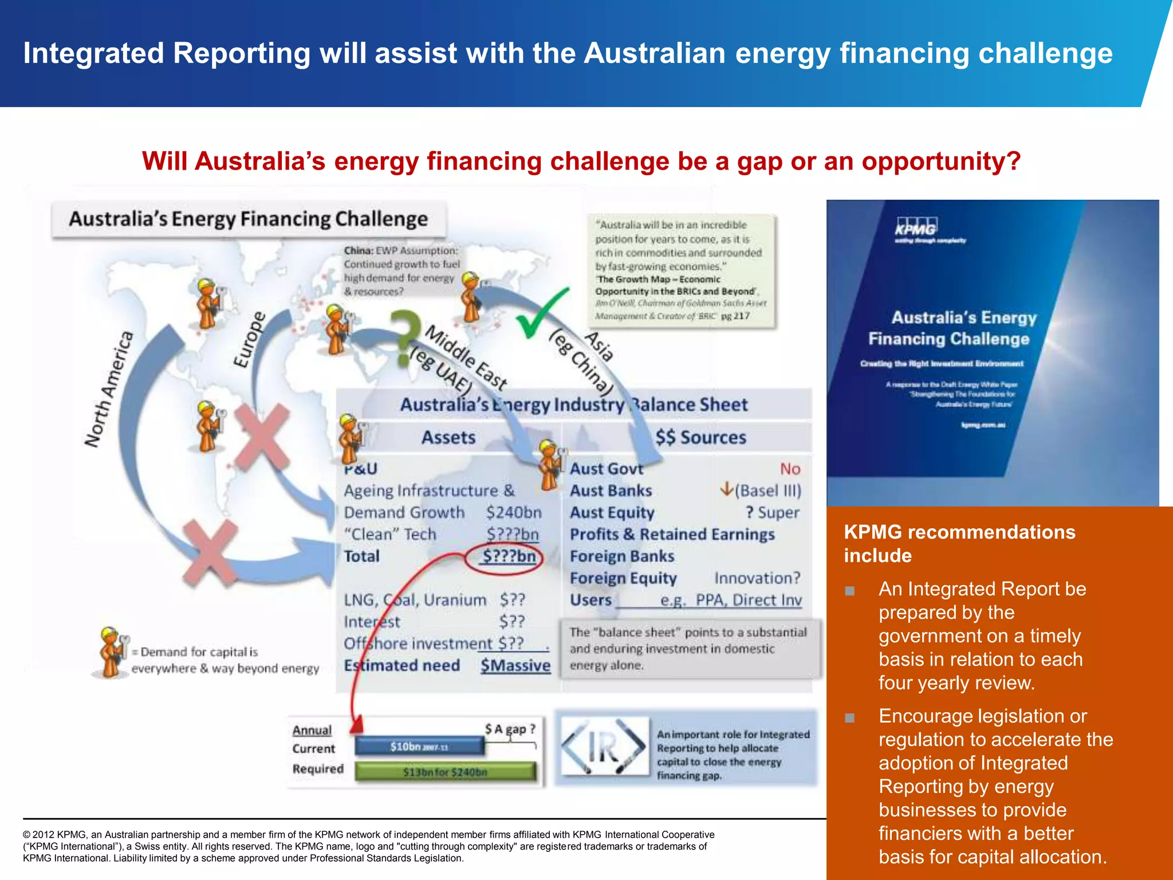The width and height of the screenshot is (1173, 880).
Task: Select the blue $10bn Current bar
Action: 419,747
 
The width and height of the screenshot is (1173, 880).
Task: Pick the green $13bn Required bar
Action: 445,772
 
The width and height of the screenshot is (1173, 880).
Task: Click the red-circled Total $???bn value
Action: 509,556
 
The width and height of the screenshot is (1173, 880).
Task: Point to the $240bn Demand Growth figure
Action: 513,512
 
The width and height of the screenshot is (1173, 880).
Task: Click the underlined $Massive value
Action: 515,666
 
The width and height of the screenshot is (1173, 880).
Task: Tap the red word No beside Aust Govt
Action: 790,469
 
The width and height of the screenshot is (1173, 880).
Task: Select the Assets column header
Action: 448,438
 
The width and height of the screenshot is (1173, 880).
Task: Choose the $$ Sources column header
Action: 700,438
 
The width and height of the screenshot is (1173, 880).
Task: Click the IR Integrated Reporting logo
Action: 603,747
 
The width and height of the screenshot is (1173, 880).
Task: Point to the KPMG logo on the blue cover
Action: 916,227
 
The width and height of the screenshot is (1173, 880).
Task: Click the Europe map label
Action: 250,339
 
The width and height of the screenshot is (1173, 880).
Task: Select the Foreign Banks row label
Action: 621,556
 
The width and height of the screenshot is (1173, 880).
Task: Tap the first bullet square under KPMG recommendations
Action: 850,591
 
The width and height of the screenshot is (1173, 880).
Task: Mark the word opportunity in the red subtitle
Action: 941,161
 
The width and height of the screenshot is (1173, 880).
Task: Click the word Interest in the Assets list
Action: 372,622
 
